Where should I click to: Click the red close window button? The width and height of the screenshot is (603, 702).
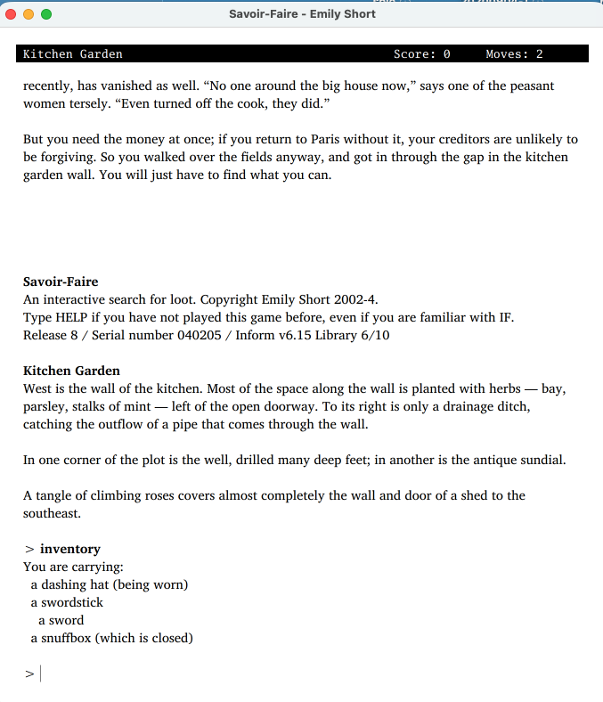point(12,14)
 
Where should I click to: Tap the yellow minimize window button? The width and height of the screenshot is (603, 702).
point(29,14)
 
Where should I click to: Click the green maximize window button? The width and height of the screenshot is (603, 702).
point(45,14)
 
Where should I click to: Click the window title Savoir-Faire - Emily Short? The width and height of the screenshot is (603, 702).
point(302,14)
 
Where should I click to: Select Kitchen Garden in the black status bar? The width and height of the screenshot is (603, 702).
point(73,54)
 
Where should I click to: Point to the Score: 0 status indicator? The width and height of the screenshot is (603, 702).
point(421,54)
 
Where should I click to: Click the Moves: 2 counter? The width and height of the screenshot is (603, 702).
point(514,54)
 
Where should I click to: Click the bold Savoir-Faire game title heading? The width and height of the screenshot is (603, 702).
point(61,282)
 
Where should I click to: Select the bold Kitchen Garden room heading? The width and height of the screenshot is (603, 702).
point(71,371)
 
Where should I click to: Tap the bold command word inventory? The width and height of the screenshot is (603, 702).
point(70,549)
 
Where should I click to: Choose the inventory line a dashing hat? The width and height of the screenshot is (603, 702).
point(109,584)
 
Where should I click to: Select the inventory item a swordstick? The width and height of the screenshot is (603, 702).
point(67,602)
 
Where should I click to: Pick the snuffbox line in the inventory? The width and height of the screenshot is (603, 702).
point(111,638)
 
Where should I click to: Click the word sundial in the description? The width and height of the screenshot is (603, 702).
point(540,460)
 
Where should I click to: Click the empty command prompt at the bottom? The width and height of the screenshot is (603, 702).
point(41,674)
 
